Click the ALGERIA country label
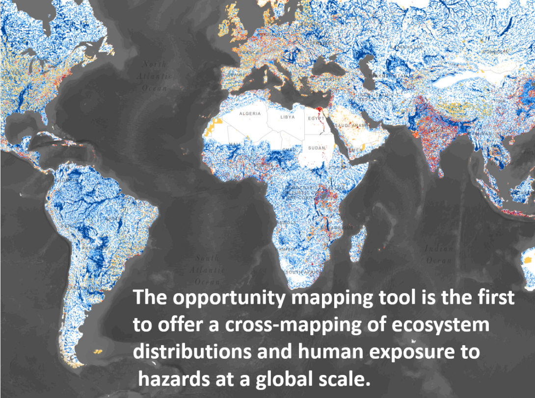[250, 114]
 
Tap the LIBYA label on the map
[288, 118]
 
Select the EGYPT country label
[315, 119]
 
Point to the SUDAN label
[315, 147]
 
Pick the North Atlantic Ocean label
[155, 76]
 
